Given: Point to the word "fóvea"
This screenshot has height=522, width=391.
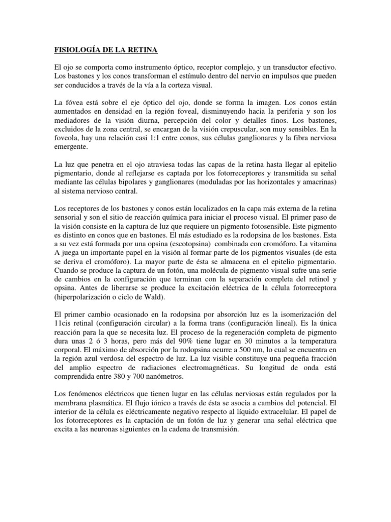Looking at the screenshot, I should [74, 102].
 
